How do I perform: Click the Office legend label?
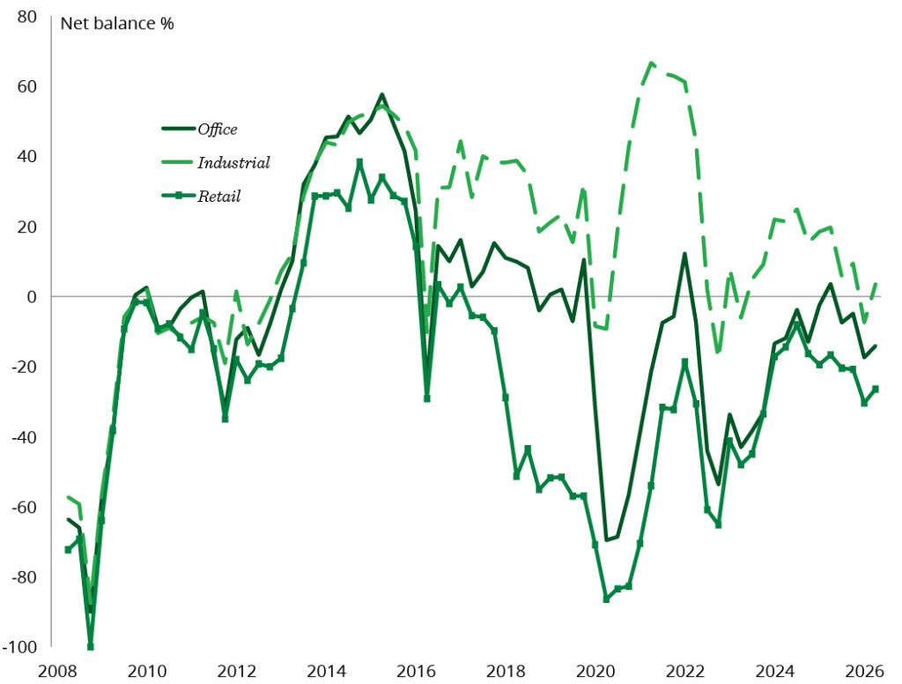click(x=217, y=130)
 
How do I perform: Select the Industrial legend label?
click(x=233, y=163)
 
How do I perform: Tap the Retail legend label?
click(x=218, y=197)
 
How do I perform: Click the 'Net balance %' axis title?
click(x=117, y=24)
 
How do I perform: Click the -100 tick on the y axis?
click(x=20, y=647)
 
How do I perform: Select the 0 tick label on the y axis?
click(x=32, y=296)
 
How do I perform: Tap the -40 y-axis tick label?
click(x=24, y=437)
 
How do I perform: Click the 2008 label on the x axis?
click(x=57, y=672)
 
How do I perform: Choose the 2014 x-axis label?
click(x=326, y=672)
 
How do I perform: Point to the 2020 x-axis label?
click(x=595, y=672)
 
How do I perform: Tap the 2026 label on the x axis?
click(x=865, y=672)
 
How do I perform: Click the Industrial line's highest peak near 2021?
click(x=651, y=63)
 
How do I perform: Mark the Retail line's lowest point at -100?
click(x=91, y=647)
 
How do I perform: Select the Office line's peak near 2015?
click(x=382, y=94)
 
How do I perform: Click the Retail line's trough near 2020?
click(x=606, y=598)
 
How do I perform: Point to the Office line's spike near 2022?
click(x=684, y=253)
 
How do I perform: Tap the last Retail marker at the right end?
click(x=876, y=390)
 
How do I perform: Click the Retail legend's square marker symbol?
click(x=178, y=196)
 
